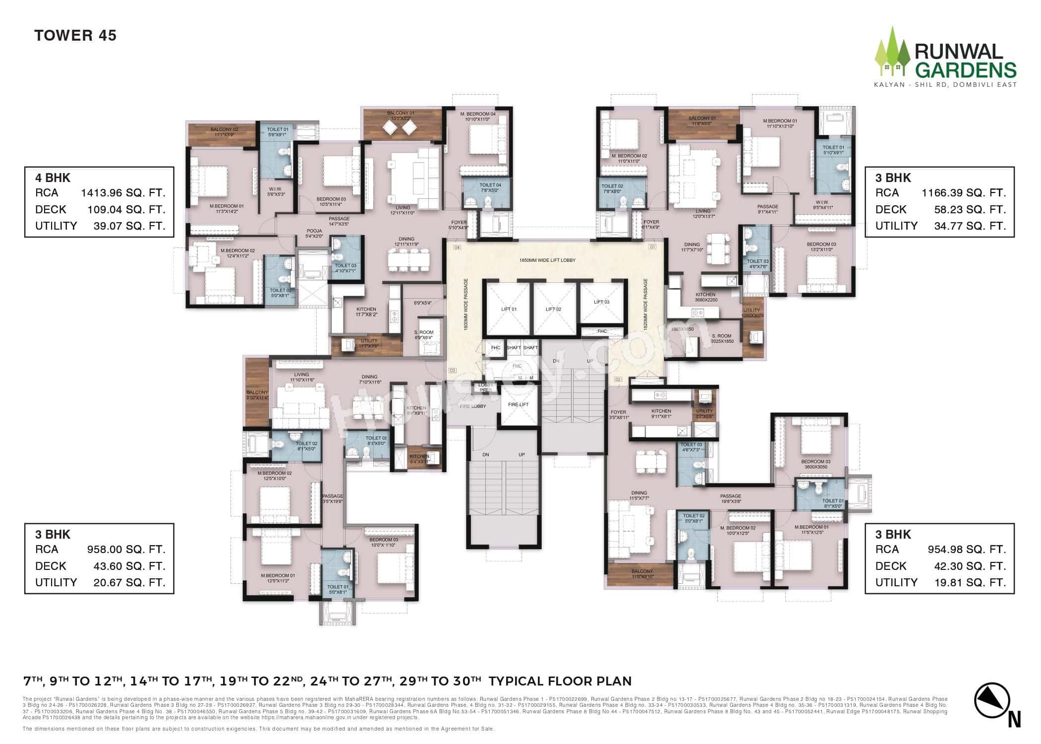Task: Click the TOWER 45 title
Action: [75, 36]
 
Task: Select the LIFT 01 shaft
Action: [509, 309]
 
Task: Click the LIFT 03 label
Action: [601, 302]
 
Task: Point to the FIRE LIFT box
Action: [519, 405]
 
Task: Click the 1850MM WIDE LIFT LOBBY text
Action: [547, 260]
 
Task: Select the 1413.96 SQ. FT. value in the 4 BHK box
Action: [123, 193]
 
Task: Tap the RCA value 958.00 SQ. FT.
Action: [126, 550]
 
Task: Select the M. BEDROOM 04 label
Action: [478, 116]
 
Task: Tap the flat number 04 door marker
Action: [457, 247]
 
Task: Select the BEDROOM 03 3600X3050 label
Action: [815, 464]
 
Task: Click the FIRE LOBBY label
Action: [472, 406]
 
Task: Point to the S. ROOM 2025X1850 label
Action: [721, 339]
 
